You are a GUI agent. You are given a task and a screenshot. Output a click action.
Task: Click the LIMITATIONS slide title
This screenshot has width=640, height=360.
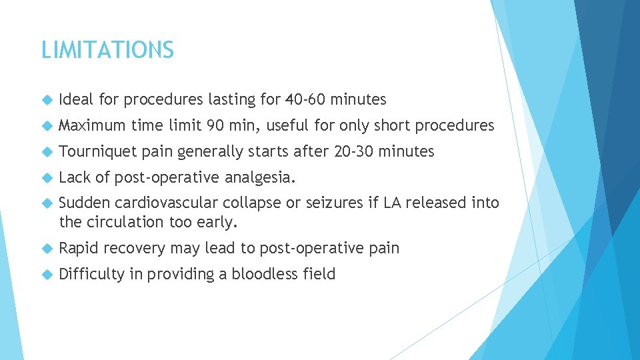pos(107,50)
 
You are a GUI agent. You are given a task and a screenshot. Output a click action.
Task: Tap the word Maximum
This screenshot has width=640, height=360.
pos(92,125)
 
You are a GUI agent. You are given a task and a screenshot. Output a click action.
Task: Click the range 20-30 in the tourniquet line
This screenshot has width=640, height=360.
pos(353,151)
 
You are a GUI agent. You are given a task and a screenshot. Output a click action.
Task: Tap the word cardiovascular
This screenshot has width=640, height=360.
pos(164,203)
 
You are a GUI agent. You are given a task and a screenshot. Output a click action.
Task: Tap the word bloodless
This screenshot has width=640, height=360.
pos(263,274)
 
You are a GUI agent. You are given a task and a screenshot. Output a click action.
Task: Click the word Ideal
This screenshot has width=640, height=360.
pos(76,100)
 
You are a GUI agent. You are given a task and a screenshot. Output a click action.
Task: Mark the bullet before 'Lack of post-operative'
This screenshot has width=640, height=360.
pos(46,178)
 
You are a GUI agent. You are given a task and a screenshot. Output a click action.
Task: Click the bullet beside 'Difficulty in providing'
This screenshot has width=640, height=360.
pos(46,275)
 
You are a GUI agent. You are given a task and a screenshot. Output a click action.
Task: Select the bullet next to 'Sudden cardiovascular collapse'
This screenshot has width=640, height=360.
pos(46,204)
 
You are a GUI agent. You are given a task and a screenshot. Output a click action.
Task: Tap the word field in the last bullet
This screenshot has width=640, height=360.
pos(319,274)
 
